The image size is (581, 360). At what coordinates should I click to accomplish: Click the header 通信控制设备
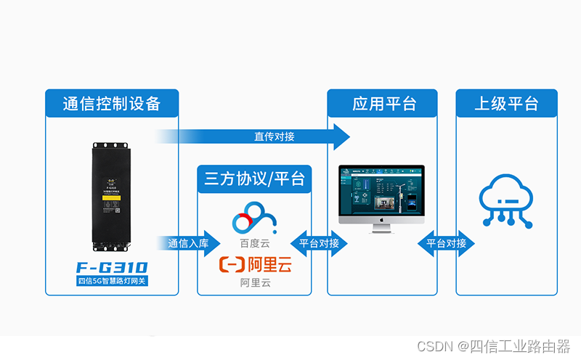112,103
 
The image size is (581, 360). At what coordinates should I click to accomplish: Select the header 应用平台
382,103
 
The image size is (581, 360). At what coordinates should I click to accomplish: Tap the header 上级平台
506,103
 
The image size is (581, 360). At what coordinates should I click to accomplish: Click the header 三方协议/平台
254,179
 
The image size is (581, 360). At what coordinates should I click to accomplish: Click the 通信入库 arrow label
187,243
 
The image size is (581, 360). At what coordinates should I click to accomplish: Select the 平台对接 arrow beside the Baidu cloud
319,243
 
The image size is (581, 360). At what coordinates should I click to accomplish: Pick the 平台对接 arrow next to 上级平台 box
446,243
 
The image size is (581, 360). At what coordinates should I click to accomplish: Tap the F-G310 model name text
112,267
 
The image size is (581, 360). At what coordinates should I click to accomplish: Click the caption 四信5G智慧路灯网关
112,281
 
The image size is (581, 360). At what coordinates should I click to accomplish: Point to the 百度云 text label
254,243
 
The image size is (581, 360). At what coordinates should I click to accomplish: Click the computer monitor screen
381,191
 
